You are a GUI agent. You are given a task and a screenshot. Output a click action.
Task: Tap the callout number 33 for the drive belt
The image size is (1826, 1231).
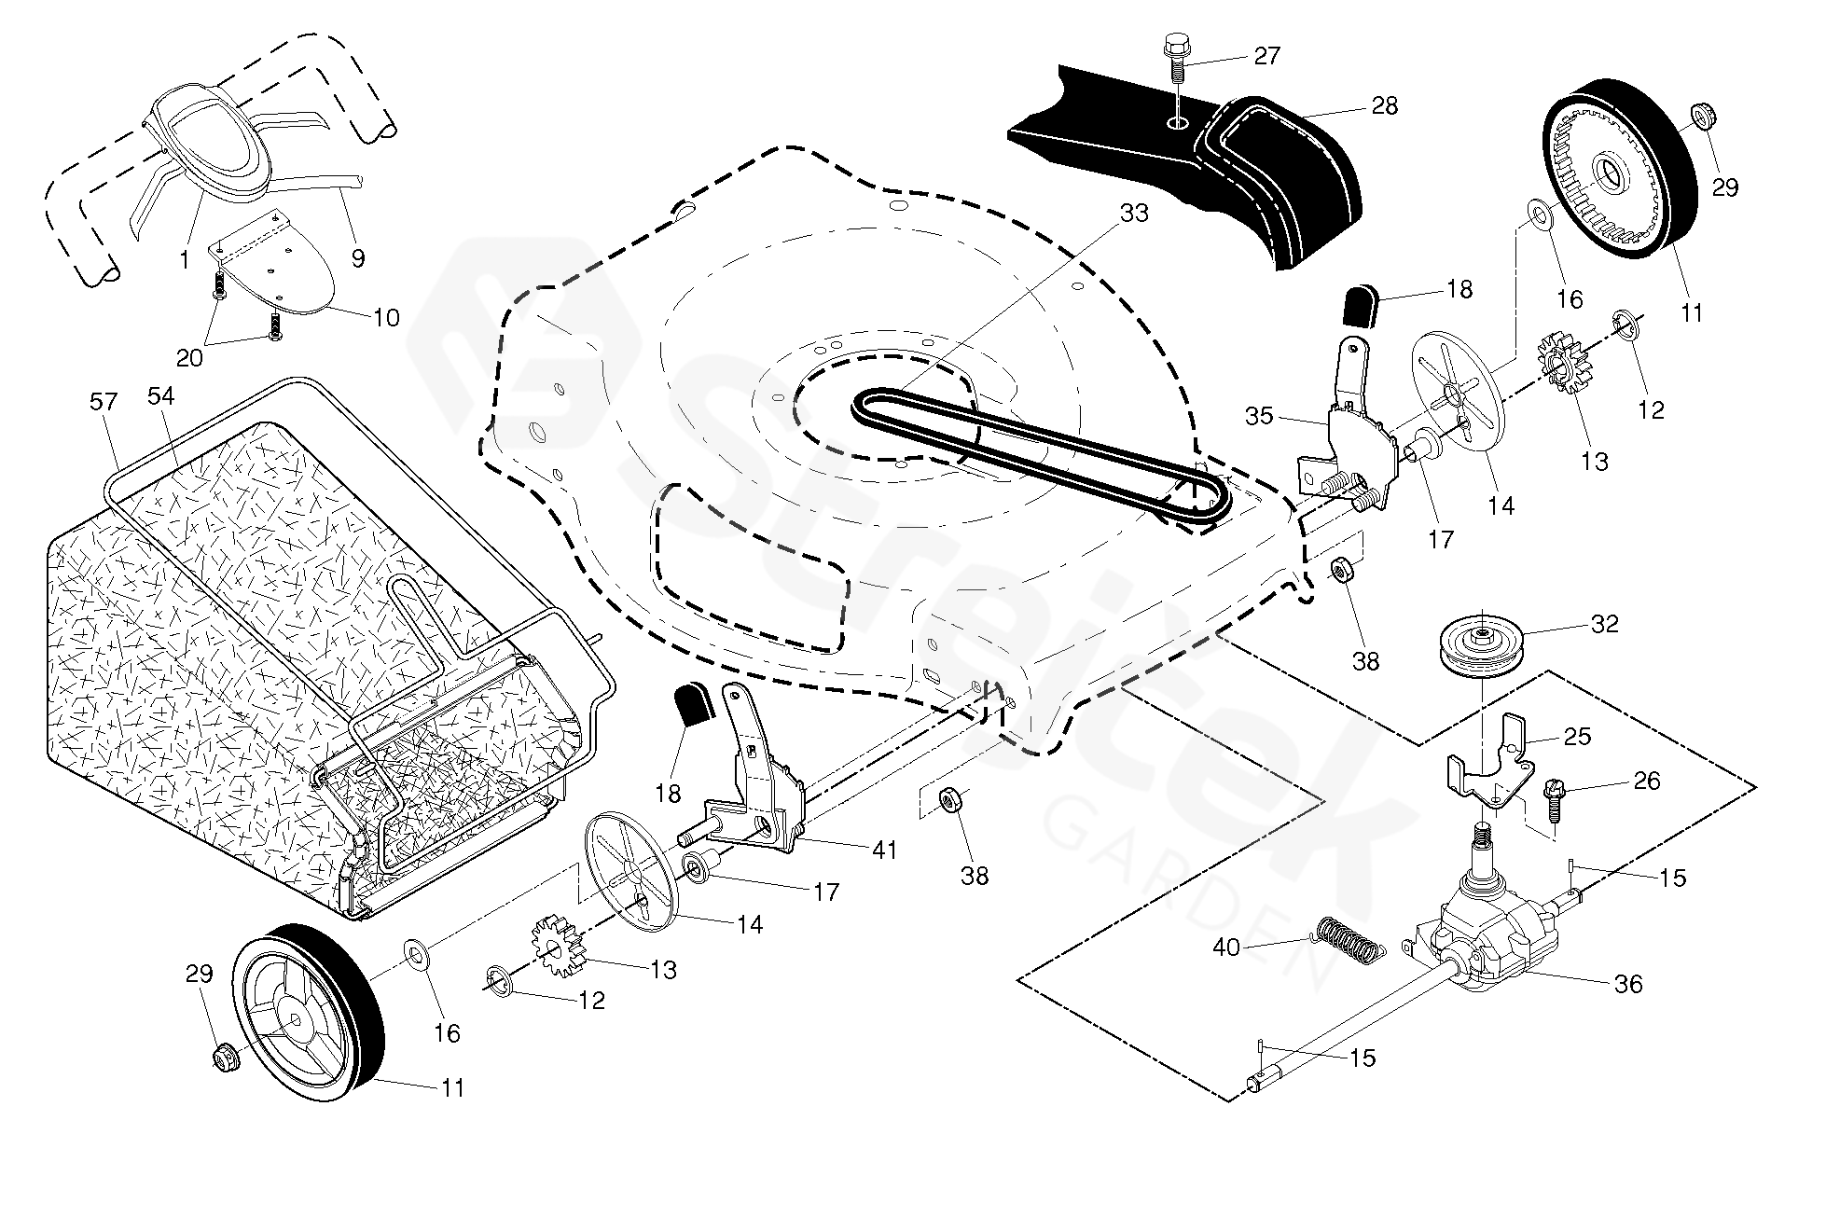tap(1134, 214)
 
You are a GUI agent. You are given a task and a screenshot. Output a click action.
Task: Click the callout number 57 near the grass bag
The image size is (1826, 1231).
tap(104, 402)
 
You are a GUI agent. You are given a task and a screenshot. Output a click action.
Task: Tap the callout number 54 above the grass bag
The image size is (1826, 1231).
tap(160, 396)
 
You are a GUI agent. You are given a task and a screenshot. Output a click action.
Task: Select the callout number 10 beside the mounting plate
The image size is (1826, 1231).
tap(386, 318)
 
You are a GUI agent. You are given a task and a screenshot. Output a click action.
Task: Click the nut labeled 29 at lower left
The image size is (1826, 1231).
tap(223, 1057)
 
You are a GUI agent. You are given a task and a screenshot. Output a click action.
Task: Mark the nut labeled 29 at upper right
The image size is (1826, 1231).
tap(1706, 118)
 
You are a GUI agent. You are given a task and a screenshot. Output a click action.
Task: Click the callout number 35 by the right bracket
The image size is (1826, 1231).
tap(1259, 416)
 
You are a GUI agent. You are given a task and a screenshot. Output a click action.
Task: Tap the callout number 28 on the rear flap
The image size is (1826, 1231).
tap(1386, 106)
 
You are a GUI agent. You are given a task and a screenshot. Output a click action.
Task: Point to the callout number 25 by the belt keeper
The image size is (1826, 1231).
tap(1577, 737)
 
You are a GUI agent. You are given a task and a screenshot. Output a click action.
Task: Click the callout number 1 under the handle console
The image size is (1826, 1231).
tap(185, 260)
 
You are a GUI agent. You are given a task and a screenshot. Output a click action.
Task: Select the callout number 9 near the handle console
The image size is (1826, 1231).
tap(358, 258)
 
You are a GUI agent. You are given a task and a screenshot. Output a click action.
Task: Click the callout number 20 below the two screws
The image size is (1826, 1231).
tap(189, 358)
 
